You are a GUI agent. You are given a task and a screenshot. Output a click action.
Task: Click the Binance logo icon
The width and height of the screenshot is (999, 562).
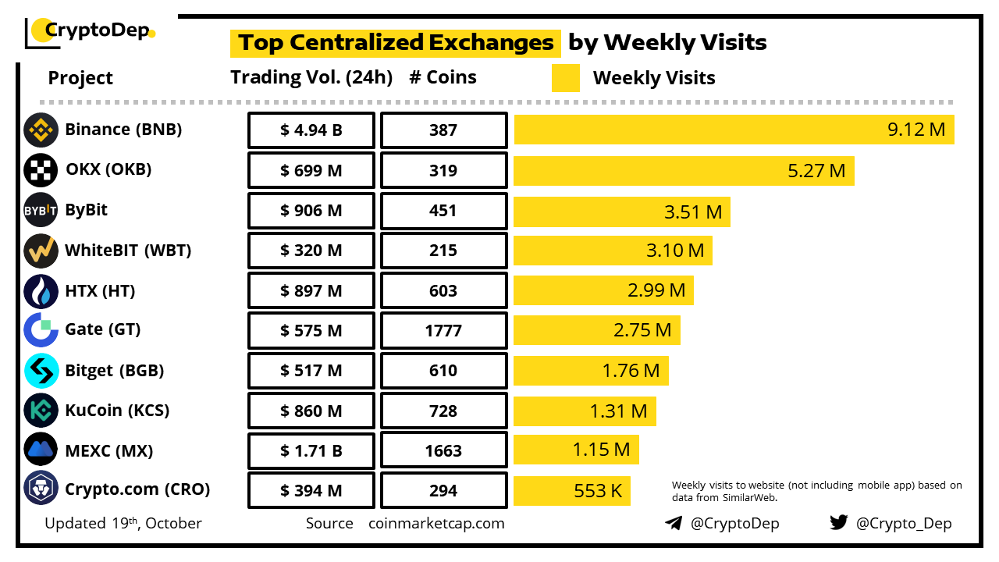click(41, 130)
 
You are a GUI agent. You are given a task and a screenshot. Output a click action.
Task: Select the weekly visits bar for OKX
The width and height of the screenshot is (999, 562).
click(684, 170)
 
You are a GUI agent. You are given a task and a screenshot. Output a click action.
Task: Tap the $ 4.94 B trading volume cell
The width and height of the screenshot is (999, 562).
click(311, 130)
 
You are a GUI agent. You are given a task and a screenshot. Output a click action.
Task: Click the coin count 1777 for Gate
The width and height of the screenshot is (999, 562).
click(443, 331)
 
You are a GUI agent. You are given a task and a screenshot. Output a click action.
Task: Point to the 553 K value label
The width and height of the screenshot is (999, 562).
click(598, 491)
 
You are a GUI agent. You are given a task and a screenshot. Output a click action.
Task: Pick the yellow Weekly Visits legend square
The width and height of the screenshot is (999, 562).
click(566, 78)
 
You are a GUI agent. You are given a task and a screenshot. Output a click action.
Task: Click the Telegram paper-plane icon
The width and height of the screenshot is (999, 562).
click(674, 523)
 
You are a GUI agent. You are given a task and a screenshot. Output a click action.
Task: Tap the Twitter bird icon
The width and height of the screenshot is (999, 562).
click(838, 523)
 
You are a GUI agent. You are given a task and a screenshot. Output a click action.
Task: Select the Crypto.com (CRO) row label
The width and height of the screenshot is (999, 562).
click(137, 490)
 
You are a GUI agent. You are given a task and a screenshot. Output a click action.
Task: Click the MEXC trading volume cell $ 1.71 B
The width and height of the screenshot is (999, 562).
click(311, 450)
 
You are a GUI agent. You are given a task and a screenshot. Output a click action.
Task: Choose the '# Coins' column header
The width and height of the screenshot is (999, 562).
click(443, 77)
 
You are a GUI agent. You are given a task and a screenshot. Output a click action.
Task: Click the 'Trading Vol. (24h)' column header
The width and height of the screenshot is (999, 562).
click(311, 77)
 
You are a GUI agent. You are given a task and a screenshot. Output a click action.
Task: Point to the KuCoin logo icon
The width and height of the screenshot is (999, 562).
click(41, 410)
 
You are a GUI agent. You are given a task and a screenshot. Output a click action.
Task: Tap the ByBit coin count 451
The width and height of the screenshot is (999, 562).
click(443, 211)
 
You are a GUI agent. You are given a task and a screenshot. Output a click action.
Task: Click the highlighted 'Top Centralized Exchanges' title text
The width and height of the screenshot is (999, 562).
click(396, 42)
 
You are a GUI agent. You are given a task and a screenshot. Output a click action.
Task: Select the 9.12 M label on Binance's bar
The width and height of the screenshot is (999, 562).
click(916, 130)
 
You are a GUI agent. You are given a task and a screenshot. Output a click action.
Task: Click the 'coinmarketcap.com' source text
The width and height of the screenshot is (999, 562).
click(436, 523)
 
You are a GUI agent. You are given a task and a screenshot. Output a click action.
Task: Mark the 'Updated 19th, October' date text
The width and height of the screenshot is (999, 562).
click(123, 523)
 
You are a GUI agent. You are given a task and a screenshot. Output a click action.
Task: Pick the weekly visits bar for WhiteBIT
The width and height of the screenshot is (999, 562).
click(613, 251)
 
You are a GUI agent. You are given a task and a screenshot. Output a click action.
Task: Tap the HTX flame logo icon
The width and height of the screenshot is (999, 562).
click(41, 291)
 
